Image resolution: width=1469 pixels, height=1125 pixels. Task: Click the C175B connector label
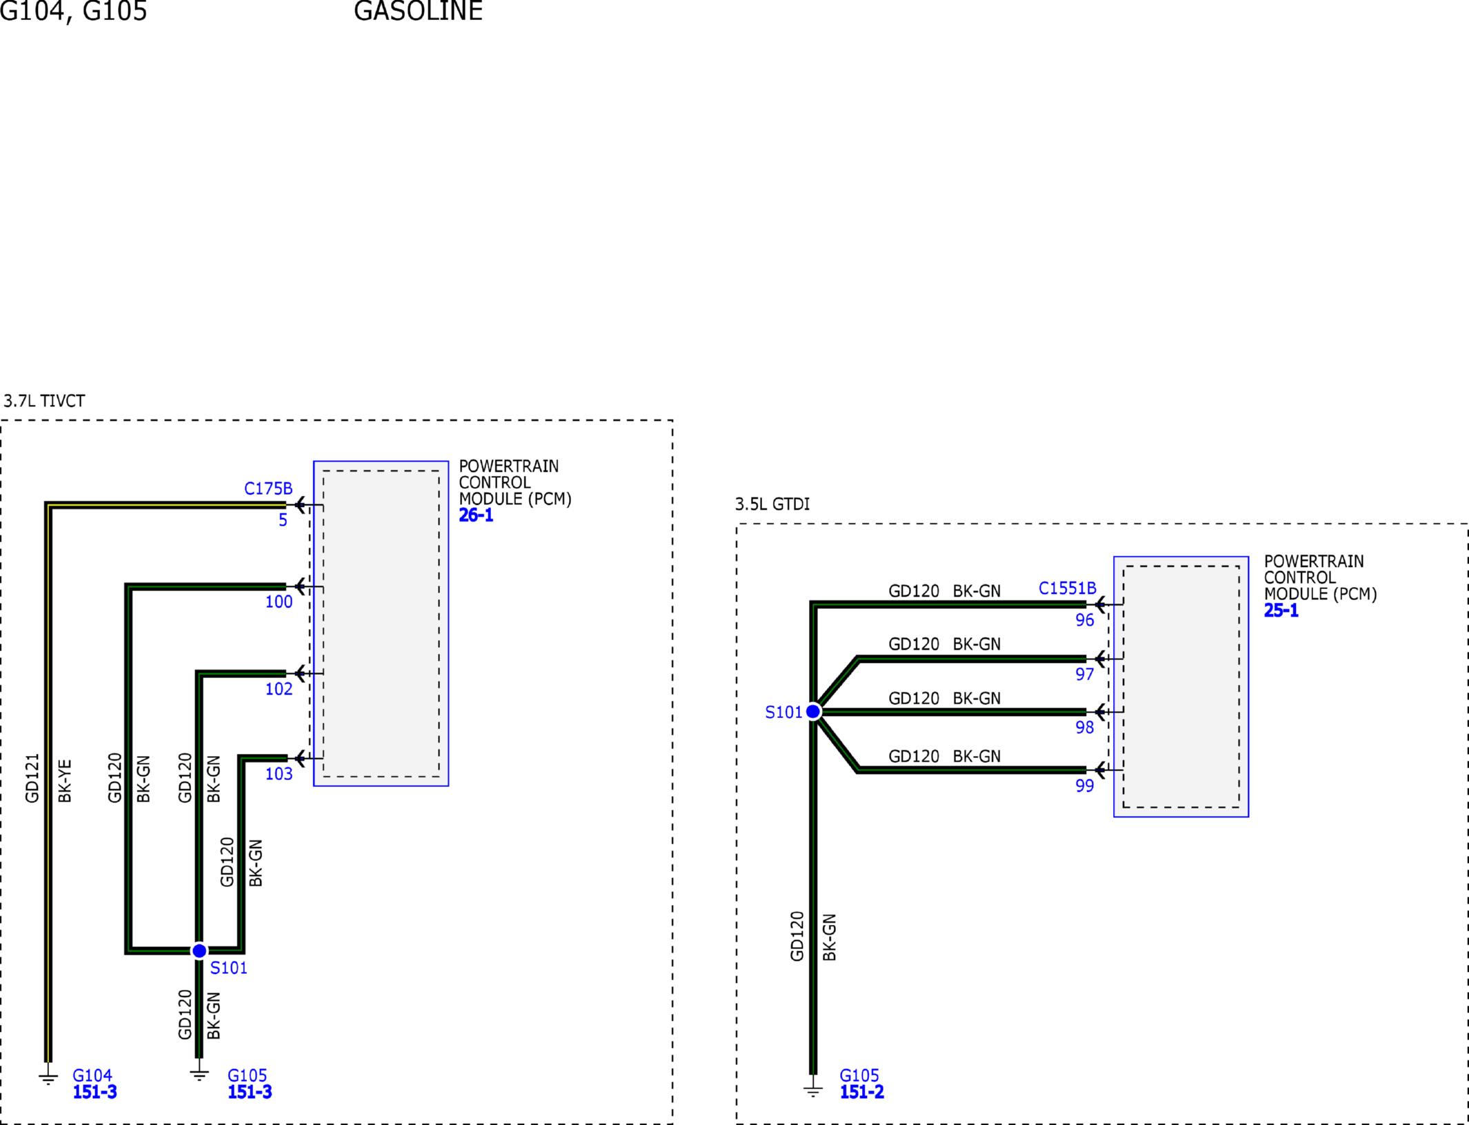tap(268, 488)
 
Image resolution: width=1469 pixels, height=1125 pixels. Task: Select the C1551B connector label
tap(1068, 588)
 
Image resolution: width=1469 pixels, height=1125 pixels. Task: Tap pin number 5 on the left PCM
tap(283, 520)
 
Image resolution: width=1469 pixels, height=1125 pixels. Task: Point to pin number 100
tap(279, 601)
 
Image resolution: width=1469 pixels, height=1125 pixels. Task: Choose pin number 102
tap(279, 688)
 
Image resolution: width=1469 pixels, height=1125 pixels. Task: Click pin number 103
tap(279, 774)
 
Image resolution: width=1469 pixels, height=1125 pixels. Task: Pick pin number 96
tap(1085, 620)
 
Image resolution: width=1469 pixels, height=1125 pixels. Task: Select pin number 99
tap(1085, 786)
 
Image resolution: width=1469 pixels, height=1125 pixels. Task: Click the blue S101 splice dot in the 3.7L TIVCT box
tap(199, 951)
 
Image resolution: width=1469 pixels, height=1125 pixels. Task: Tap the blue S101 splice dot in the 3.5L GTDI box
tap(813, 711)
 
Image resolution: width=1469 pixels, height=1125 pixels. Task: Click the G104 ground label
tap(92, 1075)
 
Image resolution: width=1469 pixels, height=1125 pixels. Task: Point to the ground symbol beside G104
tap(48, 1077)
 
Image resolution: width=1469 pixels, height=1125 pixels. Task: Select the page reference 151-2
tap(862, 1092)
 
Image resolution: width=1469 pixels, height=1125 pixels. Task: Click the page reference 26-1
tap(477, 515)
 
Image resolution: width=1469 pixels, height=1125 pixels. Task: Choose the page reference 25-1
tap(1281, 610)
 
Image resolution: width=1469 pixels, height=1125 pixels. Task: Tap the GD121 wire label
tap(32, 778)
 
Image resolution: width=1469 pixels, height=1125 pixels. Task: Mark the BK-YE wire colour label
tap(65, 781)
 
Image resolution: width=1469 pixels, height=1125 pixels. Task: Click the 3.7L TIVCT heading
tap(44, 401)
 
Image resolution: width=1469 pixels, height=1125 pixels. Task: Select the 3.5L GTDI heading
tap(772, 504)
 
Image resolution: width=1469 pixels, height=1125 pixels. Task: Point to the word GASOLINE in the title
tap(418, 11)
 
